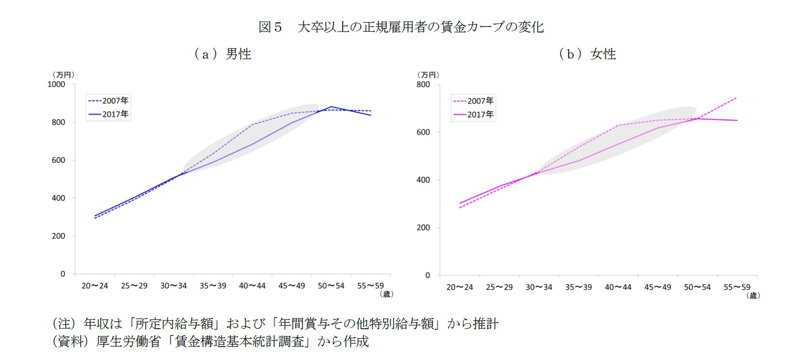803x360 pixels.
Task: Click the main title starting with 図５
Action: [x=401, y=27]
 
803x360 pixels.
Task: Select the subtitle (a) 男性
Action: [x=223, y=54]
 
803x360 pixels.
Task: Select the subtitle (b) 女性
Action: [x=587, y=54]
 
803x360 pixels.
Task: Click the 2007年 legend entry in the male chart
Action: [x=109, y=100]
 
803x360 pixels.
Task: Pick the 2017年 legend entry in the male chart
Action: [x=109, y=114]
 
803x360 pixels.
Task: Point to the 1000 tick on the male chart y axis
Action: [x=56, y=84]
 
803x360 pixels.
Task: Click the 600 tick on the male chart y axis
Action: [x=59, y=160]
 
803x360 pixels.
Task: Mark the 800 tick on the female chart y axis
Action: [x=423, y=85]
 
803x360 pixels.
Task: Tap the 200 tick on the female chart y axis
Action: [x=423, y=227]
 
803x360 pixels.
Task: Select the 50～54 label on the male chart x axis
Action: [x=331, y=286]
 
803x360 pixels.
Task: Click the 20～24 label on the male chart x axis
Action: [x=95, y=286]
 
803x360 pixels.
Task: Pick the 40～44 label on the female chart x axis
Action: [x=618, y=287]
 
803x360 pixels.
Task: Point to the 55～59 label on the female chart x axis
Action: [x=737, y=287]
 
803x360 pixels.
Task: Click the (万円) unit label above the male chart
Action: [x=63, y=75]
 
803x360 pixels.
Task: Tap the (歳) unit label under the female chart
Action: [x=753, y=295]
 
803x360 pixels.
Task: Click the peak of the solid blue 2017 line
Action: [x=332, y=107]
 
